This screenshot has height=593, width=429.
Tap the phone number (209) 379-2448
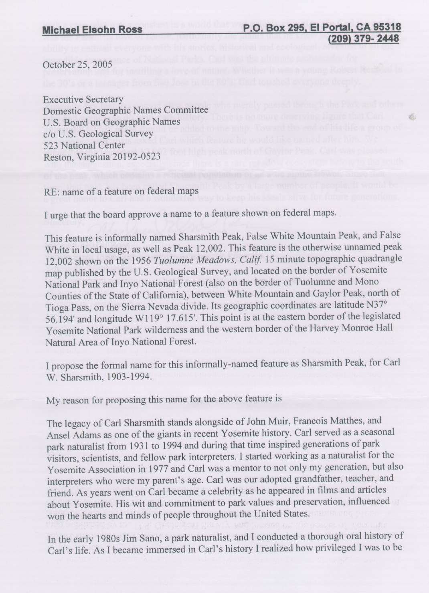(364, 38)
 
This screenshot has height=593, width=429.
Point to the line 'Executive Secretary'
(83, 99)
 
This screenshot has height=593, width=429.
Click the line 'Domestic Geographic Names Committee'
(125, 110)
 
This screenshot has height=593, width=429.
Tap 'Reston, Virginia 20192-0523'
(102, 156)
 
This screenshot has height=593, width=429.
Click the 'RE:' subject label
(51, 191)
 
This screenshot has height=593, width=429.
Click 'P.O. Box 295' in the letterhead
(273, 27)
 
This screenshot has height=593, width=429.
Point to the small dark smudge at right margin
(412, 117)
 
